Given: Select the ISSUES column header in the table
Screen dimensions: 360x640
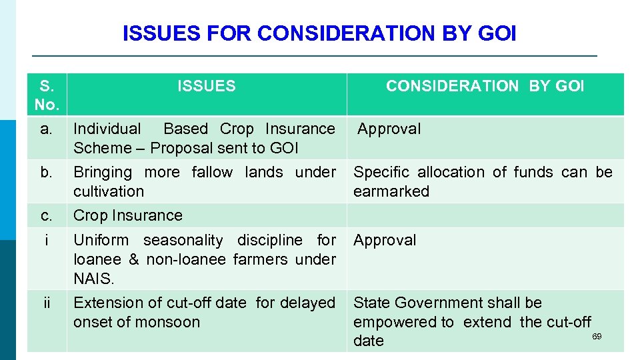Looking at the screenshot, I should click(206, 86).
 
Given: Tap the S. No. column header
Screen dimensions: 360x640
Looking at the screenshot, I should click(47, 95).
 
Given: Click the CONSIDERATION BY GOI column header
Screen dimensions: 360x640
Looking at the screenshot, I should click(485, 86).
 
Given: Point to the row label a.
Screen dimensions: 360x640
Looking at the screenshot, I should click(46, 129).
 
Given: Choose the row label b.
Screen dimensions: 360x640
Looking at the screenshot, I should click(46, 172).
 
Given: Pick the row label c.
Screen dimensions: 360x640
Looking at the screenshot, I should click(46, 215).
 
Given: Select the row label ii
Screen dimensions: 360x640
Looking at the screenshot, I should click(46, 303).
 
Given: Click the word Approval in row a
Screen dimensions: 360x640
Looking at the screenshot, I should click(389, 129).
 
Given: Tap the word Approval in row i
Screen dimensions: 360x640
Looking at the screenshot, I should click(385, 240).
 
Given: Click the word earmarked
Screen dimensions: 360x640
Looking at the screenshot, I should click(391, 191).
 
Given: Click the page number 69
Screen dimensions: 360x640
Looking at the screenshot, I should click(597, 337).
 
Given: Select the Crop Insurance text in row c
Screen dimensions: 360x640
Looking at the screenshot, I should click(127, 215).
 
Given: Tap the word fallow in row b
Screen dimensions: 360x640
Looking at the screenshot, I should click(212, 172).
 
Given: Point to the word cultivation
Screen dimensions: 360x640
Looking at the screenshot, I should click(109, 191).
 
